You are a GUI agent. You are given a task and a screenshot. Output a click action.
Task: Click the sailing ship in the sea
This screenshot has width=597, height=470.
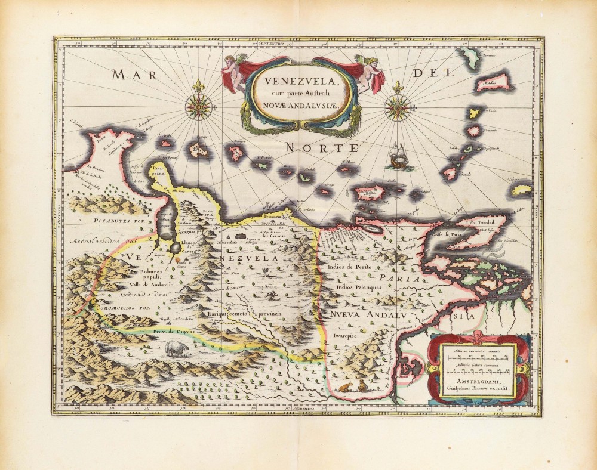point(399,157)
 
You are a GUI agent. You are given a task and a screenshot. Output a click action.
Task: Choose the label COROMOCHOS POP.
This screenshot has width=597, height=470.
point(123,308)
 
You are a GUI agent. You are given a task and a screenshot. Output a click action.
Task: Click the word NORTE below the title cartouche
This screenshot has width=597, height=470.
point(321,147)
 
